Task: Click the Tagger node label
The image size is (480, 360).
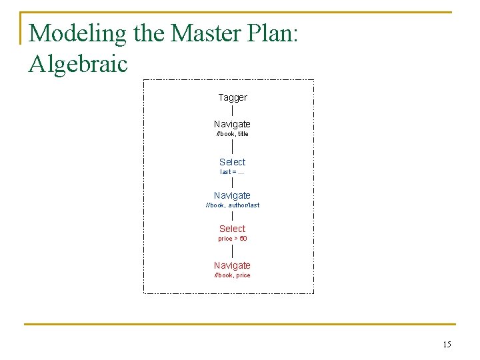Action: [233, 97]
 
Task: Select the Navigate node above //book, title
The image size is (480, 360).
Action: [232, 124]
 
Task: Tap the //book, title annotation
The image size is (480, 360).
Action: [232, 134]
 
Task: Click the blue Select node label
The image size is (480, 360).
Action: [232, 162]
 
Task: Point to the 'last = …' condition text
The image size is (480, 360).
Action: [232, 172]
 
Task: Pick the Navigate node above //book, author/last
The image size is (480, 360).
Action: [232, 195]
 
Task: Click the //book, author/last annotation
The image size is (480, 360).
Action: [232, 205]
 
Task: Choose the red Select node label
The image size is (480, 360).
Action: [232, 229]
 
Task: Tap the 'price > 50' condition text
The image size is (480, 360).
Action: [232, 239]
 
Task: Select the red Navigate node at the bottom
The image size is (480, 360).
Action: [232, 265]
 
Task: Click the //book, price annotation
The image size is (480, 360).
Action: [232, 275]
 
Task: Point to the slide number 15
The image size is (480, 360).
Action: [447, 345]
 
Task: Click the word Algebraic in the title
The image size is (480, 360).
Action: [78, 64]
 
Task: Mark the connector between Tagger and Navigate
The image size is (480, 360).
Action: [232, 111]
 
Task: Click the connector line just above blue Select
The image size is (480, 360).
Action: [232, 147]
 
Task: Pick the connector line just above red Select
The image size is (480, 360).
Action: [232, 216]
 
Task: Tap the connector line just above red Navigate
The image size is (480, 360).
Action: [232, 251]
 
